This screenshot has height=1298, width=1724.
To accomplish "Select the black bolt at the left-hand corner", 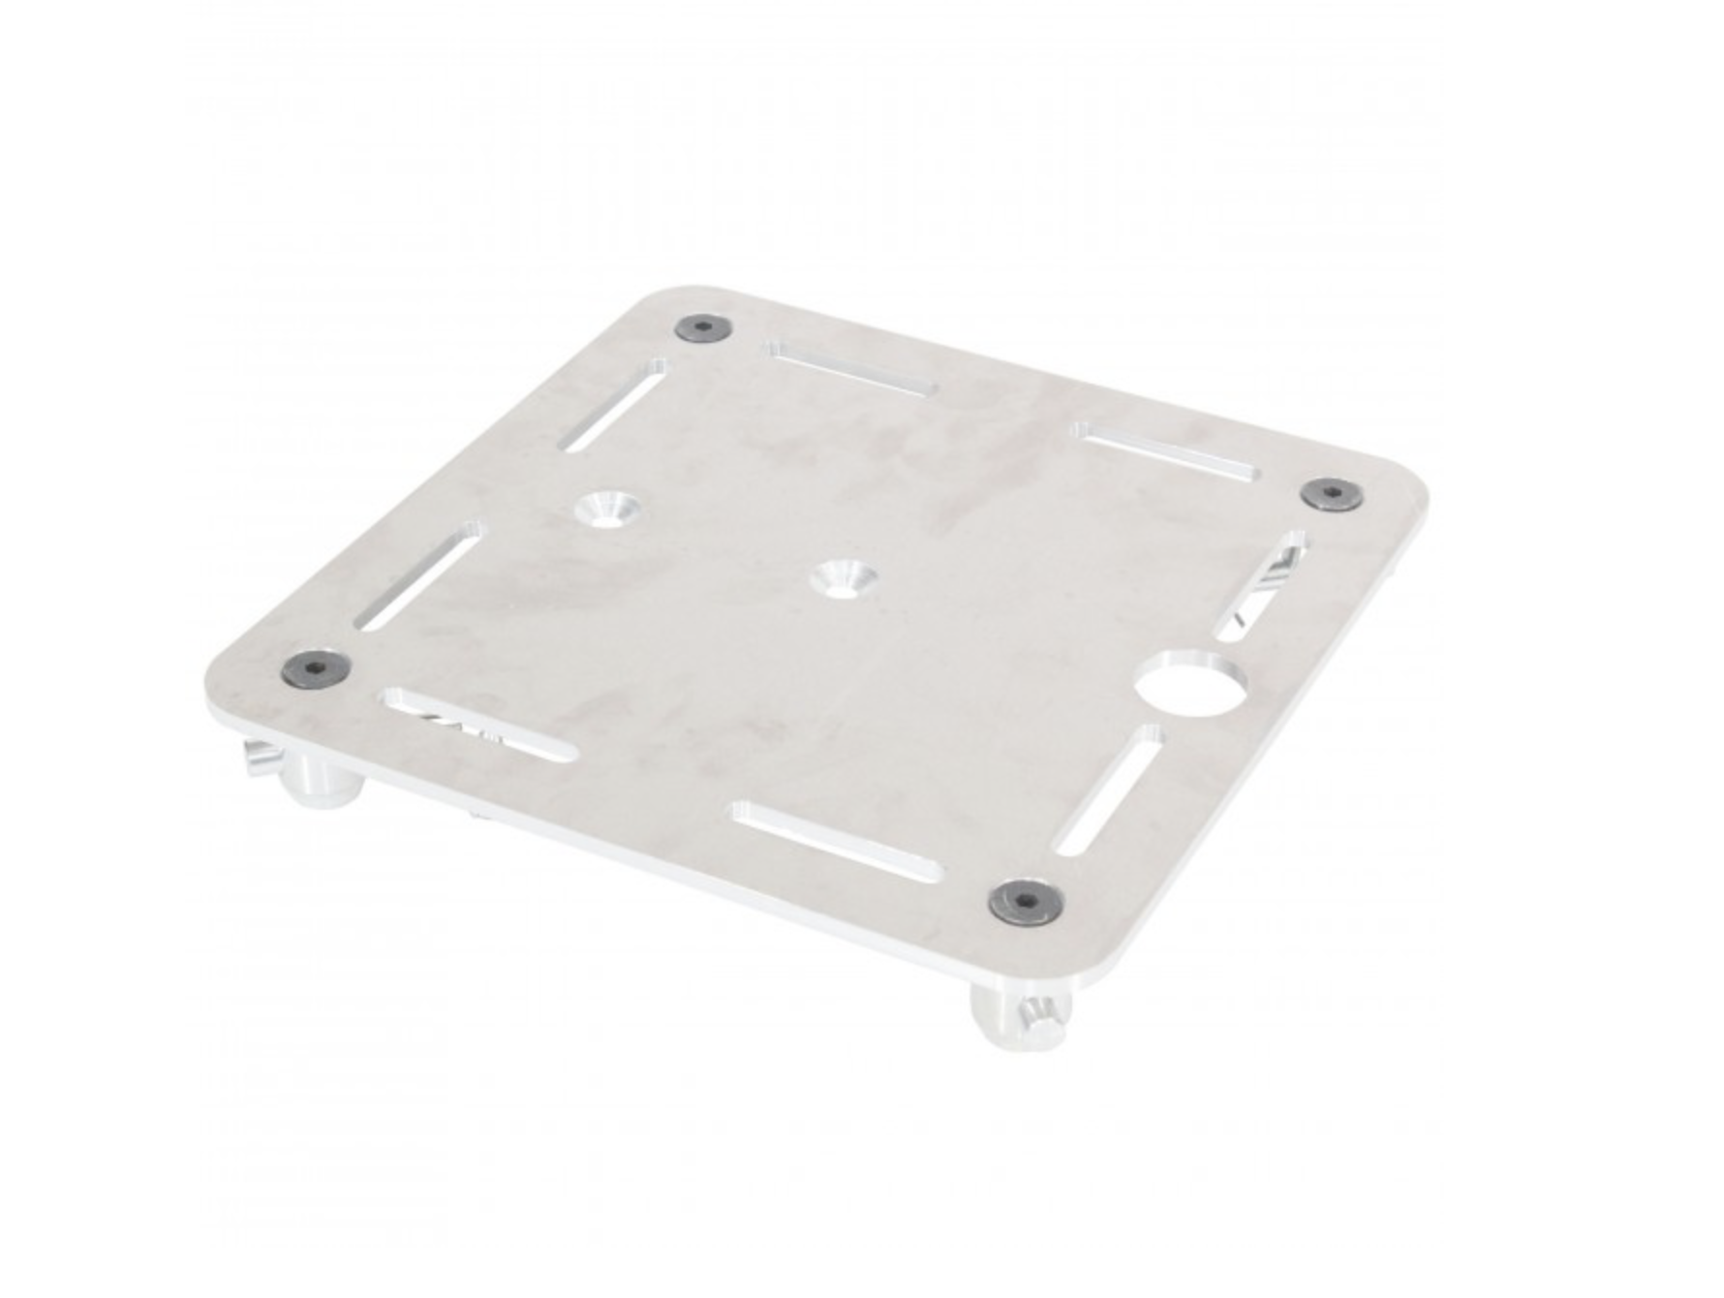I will (314, 665).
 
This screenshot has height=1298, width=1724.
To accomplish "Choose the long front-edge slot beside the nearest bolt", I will (838, 842).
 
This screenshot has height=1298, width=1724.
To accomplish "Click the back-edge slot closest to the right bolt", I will (1167, 450).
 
